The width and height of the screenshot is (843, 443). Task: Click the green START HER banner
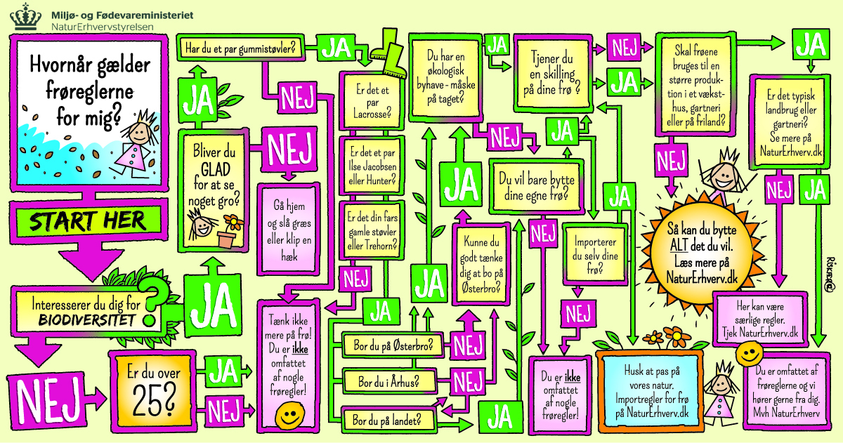88,220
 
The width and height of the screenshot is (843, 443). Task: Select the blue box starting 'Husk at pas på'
650,392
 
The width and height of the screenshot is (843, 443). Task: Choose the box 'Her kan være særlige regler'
761,322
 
